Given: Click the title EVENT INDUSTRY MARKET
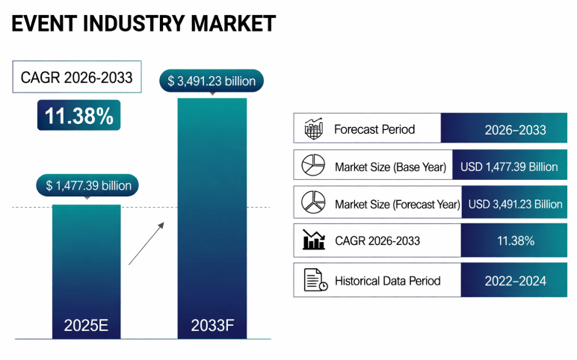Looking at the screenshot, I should (143, 23).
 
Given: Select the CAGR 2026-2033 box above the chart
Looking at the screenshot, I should (77, 77).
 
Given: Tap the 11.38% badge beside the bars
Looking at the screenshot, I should (78, 116).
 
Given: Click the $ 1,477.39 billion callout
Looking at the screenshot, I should (88, 185).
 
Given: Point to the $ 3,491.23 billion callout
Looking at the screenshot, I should (212, 81).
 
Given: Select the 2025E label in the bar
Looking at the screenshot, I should (87, 326).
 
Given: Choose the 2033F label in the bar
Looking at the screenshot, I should (212, 326).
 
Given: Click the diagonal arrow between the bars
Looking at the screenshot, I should (146, 242).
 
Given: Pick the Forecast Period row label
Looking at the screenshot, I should (374, 128).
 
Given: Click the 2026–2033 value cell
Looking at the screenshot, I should (515, 129).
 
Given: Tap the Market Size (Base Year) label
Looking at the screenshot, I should (390, 167).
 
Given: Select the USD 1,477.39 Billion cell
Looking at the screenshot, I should (509, 167).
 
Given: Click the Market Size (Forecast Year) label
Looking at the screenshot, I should (397, 204).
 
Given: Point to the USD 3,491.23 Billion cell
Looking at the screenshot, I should (515, 204).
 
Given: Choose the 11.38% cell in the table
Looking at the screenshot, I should (515, 240).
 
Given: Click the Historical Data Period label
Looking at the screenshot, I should (387, 281).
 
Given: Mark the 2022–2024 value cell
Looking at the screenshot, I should (515, 281).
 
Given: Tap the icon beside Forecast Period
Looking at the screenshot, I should (313, 128).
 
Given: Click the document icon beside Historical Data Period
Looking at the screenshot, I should (315, 281).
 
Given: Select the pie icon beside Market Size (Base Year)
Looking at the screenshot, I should (313, 166).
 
